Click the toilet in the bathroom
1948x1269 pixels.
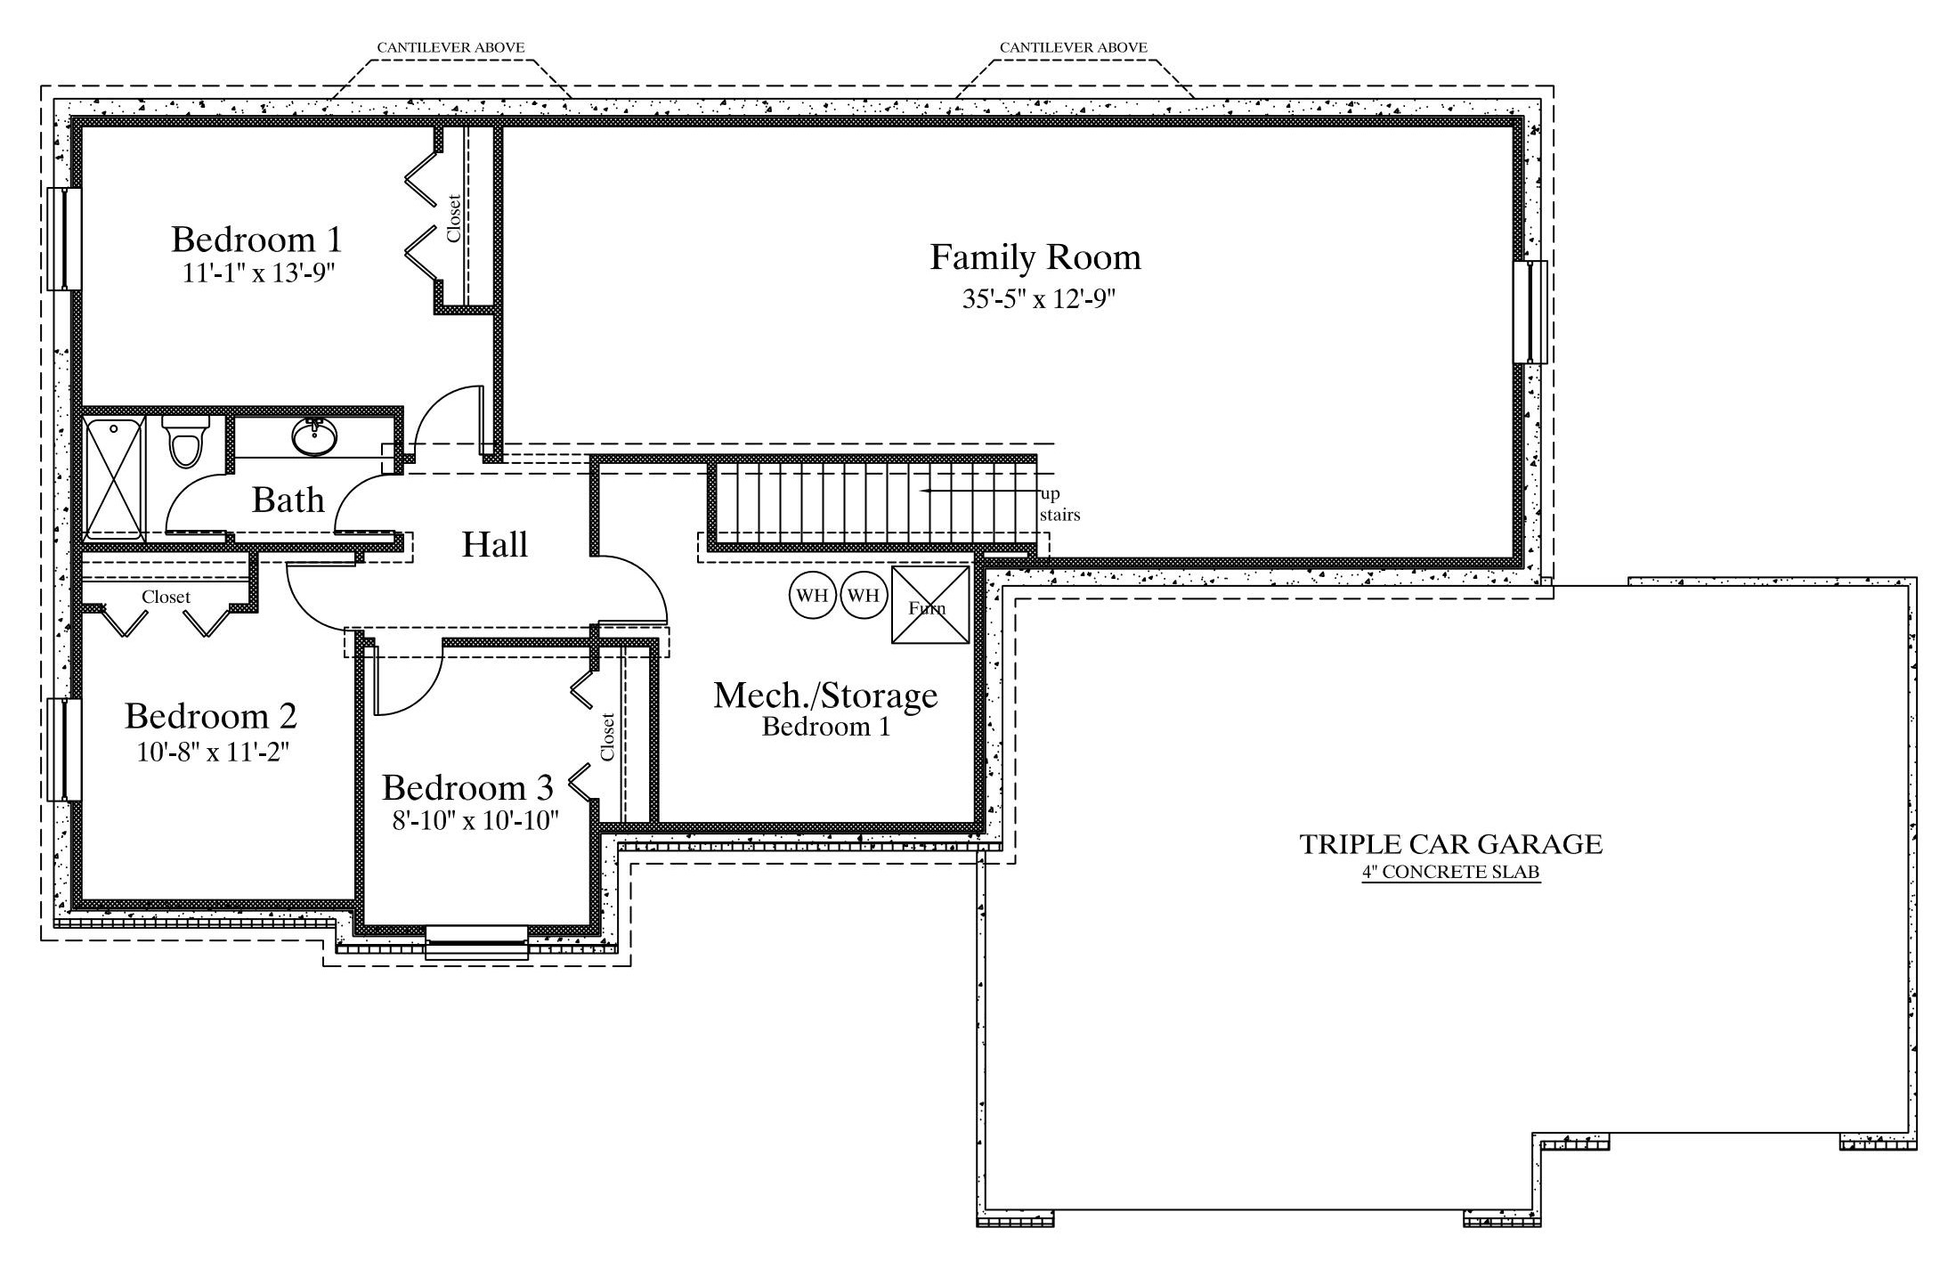point(186,441)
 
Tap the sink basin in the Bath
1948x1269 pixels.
point(314,437)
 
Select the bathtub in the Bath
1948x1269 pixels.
point(115,478)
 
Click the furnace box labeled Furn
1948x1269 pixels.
point(930,605)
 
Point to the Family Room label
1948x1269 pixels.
point(1035,257)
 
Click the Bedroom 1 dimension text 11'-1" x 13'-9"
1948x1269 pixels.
point(258,273)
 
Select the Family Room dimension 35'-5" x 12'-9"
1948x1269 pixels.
point(1039,298)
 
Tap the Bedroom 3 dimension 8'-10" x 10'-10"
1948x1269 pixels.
point(475,819)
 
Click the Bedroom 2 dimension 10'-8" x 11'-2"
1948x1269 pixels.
point(213,752)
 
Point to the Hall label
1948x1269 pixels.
point(495,544)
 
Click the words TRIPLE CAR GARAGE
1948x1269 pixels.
point(1451,843)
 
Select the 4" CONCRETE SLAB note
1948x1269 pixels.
point(1451,872)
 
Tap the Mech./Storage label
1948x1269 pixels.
point(825,696)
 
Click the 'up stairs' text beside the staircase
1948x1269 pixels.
point(1059,505)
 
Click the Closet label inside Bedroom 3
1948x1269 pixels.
point(607,736)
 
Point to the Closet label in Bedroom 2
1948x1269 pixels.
point(166,597)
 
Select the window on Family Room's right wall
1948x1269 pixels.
point(1531,312)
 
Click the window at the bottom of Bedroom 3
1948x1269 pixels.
point(476,942)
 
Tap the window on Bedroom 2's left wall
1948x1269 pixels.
point(64,750)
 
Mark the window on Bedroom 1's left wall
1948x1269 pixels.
point(64,239)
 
